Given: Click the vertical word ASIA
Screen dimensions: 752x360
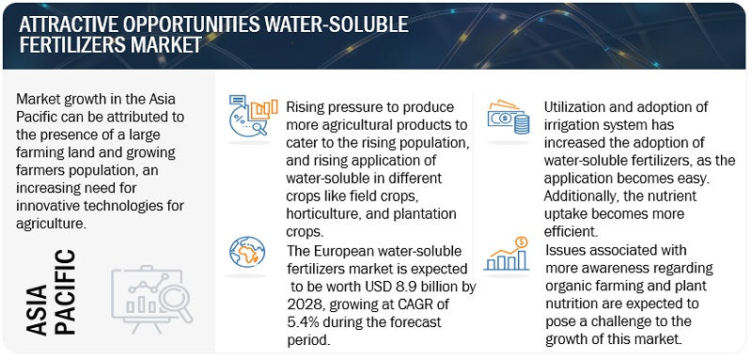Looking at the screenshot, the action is point(37,309).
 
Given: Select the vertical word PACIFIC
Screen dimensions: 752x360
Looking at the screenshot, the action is point(65,291).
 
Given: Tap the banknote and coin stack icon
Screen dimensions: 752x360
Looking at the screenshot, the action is point(509,117).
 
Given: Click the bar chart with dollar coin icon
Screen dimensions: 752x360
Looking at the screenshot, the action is point(507,254).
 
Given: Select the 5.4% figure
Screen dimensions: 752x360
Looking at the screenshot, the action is point(303,321).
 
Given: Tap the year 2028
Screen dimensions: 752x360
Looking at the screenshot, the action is point(302,305).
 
